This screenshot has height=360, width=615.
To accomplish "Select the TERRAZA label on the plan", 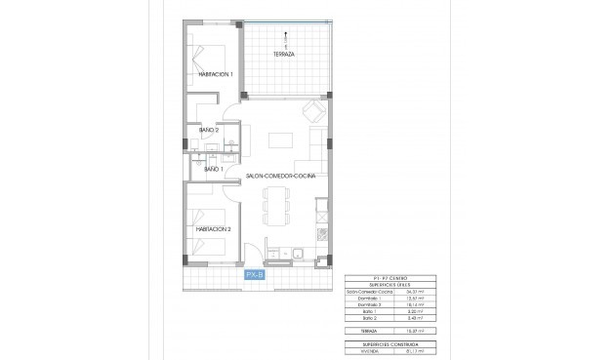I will click(285, 56).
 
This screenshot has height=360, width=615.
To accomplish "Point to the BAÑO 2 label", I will click(209, 130).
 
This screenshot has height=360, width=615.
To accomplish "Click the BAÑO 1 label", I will click(214, 170).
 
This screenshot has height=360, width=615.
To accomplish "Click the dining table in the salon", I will click(276, 204).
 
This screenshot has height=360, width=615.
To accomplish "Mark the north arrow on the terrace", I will click(285, 38).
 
